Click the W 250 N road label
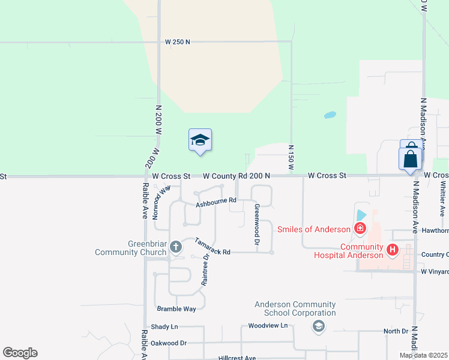coord(178,42)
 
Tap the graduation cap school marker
coord(200,140)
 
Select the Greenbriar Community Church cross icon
coord(176,246)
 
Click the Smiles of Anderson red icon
coord(360,228)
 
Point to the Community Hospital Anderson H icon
coord(393,250)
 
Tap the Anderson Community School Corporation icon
coord(318,326)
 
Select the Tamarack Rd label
coord(212,247)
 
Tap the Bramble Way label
coord(176,309)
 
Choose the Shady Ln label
coord(164,327)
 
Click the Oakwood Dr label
coord(169,343)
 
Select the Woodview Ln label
coord(268,326)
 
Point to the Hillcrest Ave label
coord(237,358)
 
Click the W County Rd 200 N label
coord(237,176)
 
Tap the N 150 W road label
coord(291,157)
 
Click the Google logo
coord(20,353)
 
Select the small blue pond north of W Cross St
coord(330,114)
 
